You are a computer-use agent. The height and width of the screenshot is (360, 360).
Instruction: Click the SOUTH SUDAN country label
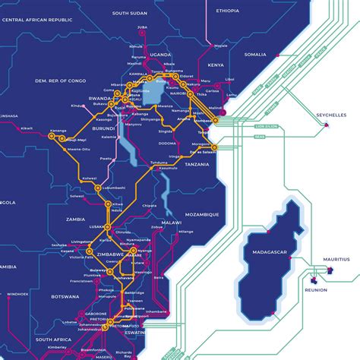pyautogui.click(x=130, y=13)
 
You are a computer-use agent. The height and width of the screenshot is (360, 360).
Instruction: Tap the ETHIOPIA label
pyautogui.click(x=227, y=11)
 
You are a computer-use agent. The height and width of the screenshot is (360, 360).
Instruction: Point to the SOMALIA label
pyautogui.click(x=255, y=55)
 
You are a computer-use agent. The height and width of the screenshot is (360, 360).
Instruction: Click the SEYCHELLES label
pyautogui.click(x=331, y=115)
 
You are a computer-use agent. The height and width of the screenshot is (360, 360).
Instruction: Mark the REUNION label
pyautogui.click(x=315, y=289)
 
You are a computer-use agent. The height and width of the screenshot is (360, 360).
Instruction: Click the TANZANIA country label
pyautogui.click(x=196, y=165)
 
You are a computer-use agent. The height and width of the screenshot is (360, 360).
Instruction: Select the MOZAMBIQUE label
pyautogui.click(x=202, y=214)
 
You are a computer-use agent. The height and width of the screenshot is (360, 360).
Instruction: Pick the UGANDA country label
pyautogui.click(x=161, y=55)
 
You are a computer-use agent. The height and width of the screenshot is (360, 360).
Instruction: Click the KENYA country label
pyautogui.click(x=216, y=65)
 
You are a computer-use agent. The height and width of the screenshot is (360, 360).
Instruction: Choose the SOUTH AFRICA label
pyautogui.click(x=53, y=339)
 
